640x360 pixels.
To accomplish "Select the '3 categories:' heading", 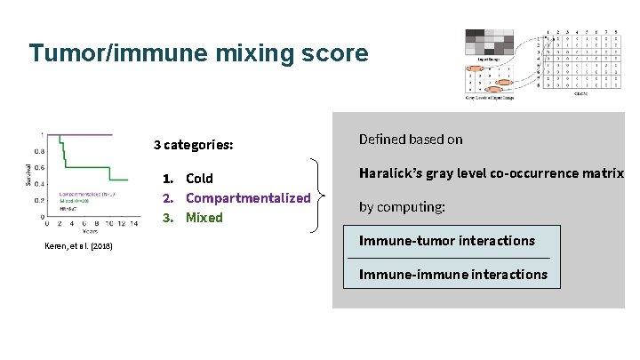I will pyautogui.click(x=193, y=144).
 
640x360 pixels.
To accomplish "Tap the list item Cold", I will pyautogui.click(x=199, y=179).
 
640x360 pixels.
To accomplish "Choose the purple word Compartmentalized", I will pyautogui.click(x=248, y=198).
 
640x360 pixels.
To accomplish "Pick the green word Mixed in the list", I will pyautogui.click(x=204, y=218).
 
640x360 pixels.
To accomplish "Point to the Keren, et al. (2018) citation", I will pyautogui.click(x=78, y=246).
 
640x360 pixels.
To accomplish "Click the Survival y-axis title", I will pyautogui.click(x=27, y=175).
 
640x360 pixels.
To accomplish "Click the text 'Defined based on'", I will pyautogui.click(x=411, y=140).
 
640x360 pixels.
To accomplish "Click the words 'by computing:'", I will pyautogui.click(x=402, y=207).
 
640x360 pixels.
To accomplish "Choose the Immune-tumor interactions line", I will pyautogui.click(x=447, y=241).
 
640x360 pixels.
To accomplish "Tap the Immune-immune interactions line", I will pyautogui.click(x=453, y=274).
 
